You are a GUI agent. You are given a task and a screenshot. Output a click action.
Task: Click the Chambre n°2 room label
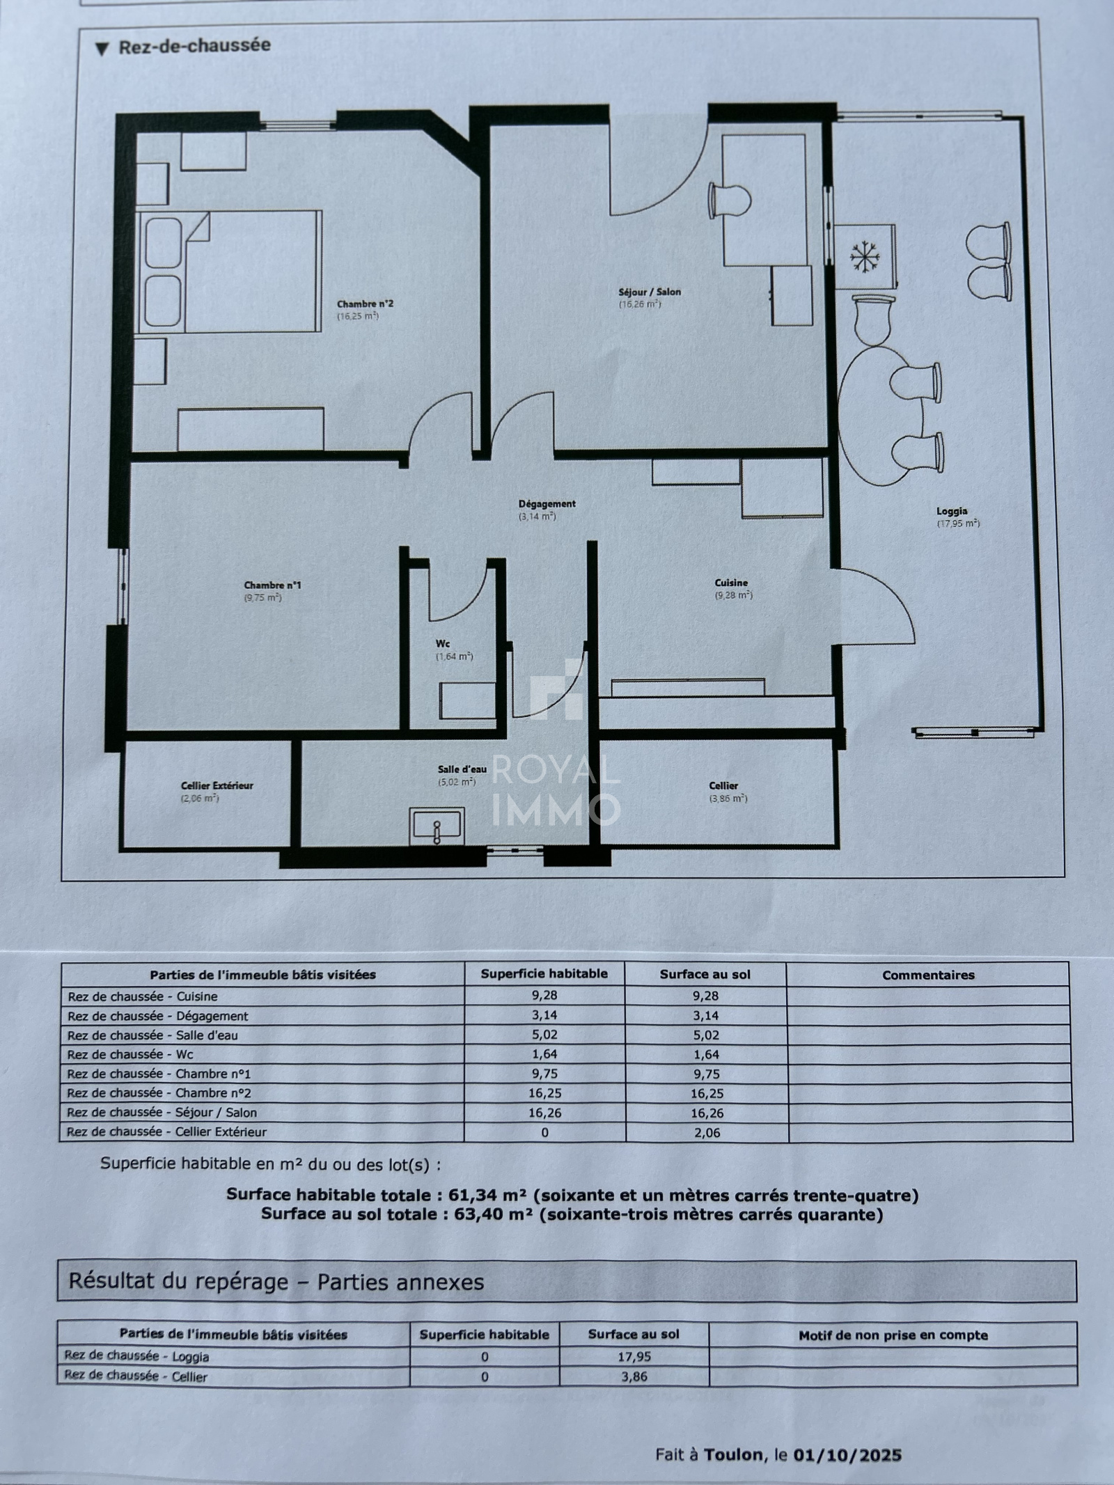[365, 304]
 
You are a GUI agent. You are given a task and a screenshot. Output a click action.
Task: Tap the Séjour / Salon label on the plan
[650, 292]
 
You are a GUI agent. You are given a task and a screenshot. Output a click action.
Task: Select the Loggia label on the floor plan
[952, 511]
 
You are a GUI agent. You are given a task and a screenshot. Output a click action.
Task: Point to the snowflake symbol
[865, 258]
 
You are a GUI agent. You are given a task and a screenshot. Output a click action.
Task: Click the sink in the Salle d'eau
[437, 826]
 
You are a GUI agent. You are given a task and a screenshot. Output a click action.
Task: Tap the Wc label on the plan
[443, 643]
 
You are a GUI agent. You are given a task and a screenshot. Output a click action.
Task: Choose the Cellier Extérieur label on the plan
[217, 785]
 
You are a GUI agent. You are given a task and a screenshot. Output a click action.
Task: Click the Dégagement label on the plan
[547, 503]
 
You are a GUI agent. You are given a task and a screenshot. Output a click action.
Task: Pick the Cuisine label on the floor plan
[731, 583]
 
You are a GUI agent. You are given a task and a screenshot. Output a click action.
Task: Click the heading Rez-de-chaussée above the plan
[194, 47]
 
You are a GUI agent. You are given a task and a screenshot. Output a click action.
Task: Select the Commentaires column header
[928, 975]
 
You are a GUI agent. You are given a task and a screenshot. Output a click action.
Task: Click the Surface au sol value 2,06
[706, 1133]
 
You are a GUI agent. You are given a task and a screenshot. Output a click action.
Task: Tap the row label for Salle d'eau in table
[153, 1035]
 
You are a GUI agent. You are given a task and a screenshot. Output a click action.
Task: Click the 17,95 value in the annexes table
[634, 1356]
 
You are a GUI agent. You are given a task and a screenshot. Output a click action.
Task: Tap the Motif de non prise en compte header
[893, 1335]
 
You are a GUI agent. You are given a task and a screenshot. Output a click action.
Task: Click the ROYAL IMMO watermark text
[556, 790]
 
